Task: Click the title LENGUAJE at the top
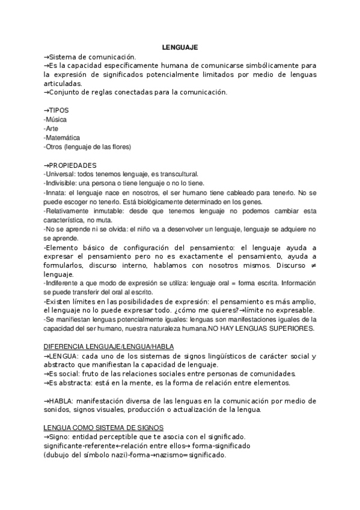[180, 47]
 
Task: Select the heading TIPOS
[58, 111]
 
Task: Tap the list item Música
[55, 120]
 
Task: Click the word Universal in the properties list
[60, 174]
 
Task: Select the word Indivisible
[61, 183]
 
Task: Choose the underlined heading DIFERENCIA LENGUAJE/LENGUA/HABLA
[108, 346]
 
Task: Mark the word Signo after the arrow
[59, 437]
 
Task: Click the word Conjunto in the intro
[63, 93]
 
